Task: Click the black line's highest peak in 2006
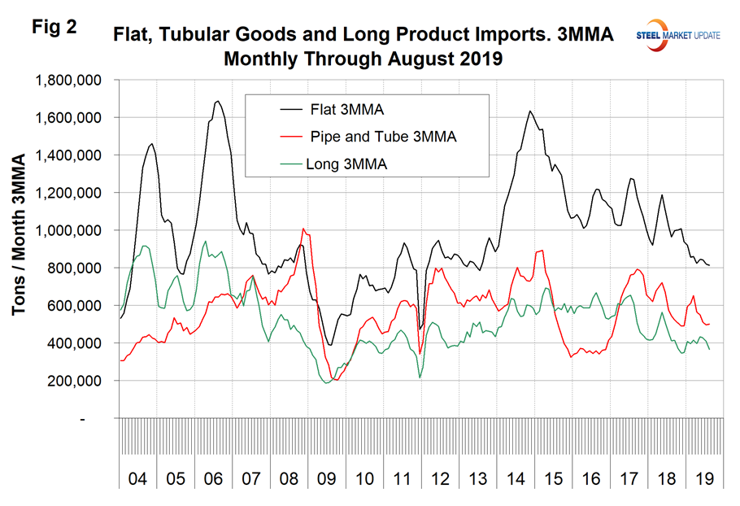point(217,102)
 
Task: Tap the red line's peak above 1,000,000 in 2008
point(303,229)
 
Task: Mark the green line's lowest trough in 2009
point(326,383)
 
